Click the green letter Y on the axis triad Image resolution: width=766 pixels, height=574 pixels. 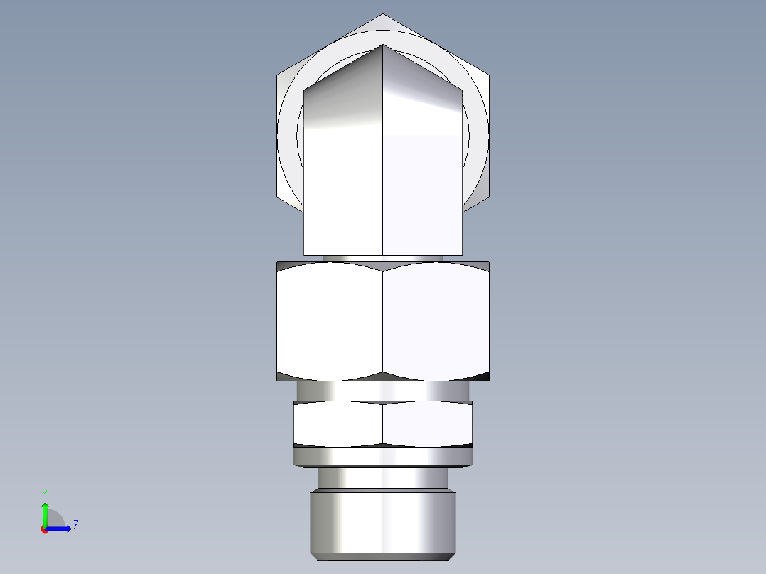click(x=44, y=493)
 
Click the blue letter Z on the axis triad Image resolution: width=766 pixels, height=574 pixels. click(x=75, y=525)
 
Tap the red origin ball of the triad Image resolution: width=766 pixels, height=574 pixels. click(x=44, y=529)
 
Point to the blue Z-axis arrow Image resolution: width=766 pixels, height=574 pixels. click(x=61, y=528)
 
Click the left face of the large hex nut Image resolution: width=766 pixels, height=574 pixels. click(x=329, y=321)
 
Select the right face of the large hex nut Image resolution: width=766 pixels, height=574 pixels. click(x=436, y=321)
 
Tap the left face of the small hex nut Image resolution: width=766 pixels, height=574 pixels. click(x=338, y=424)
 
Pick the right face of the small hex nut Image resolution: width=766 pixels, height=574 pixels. click(x=426, y=424)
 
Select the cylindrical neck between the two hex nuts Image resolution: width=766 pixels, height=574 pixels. click(x=382, y=391)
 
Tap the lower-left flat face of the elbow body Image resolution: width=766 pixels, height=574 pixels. click(x=343, y=195)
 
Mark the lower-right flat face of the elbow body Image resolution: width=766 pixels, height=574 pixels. click(x=422, y=195)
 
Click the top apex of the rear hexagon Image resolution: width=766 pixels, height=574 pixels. click(x=382, y=16)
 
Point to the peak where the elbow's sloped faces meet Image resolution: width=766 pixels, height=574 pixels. click(x=383, y=46)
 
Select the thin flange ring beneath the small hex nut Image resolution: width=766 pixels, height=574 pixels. click(x=382, y=456)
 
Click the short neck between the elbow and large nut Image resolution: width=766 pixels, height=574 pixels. click(x=382, y=259)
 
